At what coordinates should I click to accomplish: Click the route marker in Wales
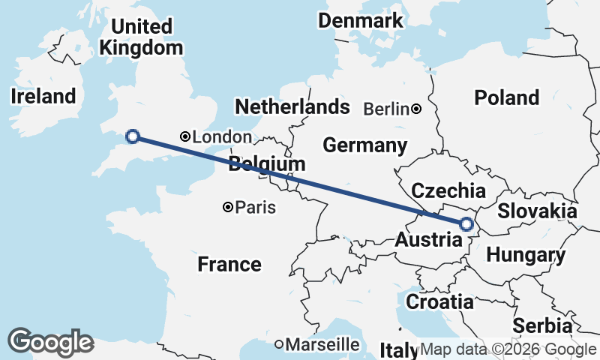click(x=133, y=136)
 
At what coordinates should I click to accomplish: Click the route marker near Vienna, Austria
click(x=466, y=223)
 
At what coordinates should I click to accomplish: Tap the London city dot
click(x=185, y=136)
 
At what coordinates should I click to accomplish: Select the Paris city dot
click(x=228, y=207)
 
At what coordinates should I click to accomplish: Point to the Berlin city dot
click(x=416, y=109)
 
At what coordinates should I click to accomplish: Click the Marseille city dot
click(x=279, y=344)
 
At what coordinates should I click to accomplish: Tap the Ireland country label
click(x=43, y=96)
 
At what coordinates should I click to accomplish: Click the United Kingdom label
click(x=141, y=37)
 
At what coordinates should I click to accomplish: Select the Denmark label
click(x=360, y=20)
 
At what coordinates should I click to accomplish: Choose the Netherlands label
click(x=292, y=106)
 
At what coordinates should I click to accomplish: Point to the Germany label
click(x=365, y=144)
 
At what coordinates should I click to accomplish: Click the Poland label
click(x=506, y=97)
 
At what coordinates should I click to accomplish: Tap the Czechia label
click(x=448, y=190)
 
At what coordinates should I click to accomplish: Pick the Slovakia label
click(x=537, y=211)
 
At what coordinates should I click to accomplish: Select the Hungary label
click(x=526, y=255)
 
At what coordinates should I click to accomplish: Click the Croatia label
click(x=439, y=302)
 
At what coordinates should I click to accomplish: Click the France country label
click(x=229, y=264)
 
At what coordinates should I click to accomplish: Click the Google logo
click(x=50, y=342)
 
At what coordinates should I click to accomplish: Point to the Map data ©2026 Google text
click(x=508, y=349)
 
